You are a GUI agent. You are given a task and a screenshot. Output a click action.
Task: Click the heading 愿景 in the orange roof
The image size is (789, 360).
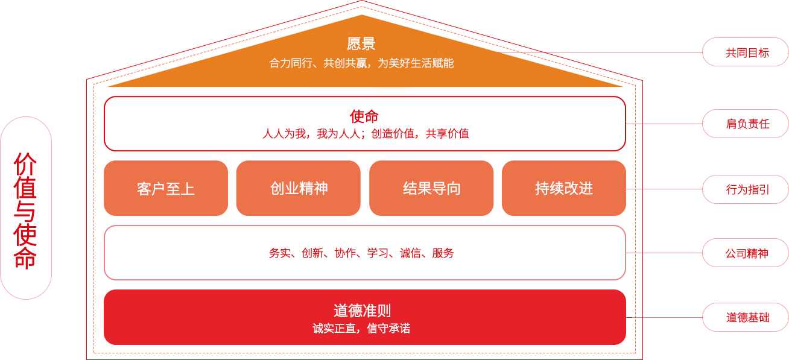pyautogui.click(x=361, y=44)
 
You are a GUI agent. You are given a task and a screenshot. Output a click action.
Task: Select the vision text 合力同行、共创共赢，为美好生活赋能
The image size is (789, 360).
pyautogui.click(x=361, y=63)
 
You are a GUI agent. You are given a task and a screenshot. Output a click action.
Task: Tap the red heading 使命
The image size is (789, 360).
pyautogui.click(x=364, y=116)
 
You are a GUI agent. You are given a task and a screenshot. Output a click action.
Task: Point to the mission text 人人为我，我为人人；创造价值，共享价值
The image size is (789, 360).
pyautogui.click(x=366, y=134)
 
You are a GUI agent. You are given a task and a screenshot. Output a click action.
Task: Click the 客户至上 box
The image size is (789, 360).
pyautogui.click(x=166, y=188)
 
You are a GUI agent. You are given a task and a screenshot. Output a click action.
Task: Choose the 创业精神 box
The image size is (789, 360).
pyautogui.click(x=299, y=188)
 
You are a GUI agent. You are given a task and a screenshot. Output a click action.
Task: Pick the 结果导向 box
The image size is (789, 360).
pyautogui.click(x=431, y=188)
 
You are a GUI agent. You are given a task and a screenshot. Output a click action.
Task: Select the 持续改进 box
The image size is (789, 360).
pyautogui.click(x=564, y=188)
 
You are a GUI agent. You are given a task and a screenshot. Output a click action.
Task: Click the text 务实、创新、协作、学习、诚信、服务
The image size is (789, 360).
pyautogui.click(x=361, y=253)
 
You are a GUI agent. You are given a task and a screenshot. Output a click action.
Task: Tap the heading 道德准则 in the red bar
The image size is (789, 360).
pyautogui.click(x=362, y=311)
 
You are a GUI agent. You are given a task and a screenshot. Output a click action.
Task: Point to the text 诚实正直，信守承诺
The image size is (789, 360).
pyautogui.click(x=361, y=328)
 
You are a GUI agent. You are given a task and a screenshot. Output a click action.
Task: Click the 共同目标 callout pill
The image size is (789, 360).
pyautogui.click(x=746, y=52)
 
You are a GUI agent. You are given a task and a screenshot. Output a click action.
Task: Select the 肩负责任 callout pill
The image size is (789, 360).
pyautogui.click(x=746, y=124)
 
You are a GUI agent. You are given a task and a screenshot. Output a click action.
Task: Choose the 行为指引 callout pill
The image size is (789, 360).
pyautogui.click(x=746, y=189)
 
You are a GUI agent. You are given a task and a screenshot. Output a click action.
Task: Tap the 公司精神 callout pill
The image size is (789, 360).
pyautogui.click(x=746, y=253)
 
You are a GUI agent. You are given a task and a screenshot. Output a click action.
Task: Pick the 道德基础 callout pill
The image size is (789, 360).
pyautogui.click(x=746, y=317)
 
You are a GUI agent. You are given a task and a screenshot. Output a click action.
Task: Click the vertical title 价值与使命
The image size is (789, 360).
pyautogui.click(x=25, y=210)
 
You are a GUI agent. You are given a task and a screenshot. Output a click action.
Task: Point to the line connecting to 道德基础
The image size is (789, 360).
pyautogui.click(x=664, y=317)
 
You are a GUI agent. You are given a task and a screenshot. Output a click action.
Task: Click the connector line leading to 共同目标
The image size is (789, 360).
pyautogui.click(x=601, y=52)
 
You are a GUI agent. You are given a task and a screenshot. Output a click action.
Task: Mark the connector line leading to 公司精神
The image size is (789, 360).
pyautogui.click(x=664, y=253)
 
